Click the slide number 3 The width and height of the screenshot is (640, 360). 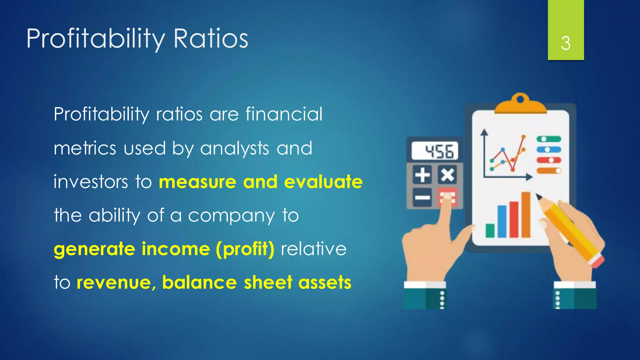566,43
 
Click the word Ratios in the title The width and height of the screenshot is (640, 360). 211,38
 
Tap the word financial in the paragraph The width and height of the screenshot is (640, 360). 284,114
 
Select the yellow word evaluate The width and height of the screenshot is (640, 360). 323,182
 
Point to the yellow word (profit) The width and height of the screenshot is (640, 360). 245,249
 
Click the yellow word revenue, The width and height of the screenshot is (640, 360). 116,282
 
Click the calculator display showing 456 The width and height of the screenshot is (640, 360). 435,151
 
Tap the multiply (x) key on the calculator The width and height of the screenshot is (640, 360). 447,175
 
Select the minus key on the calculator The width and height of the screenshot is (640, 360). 422,197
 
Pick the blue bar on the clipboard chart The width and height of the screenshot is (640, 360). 502,221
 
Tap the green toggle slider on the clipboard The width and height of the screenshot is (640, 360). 548,139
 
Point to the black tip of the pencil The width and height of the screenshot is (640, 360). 539,197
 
